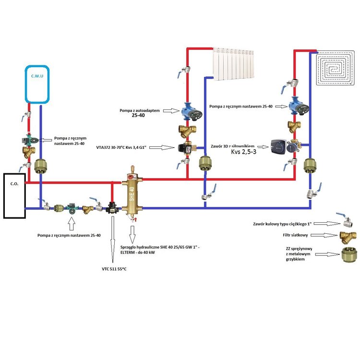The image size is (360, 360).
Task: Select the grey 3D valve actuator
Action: click(x=281, y=146)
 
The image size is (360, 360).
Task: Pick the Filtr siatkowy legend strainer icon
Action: click(x=347, y=237)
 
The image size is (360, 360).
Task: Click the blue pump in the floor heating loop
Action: click(x=294, y=106)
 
